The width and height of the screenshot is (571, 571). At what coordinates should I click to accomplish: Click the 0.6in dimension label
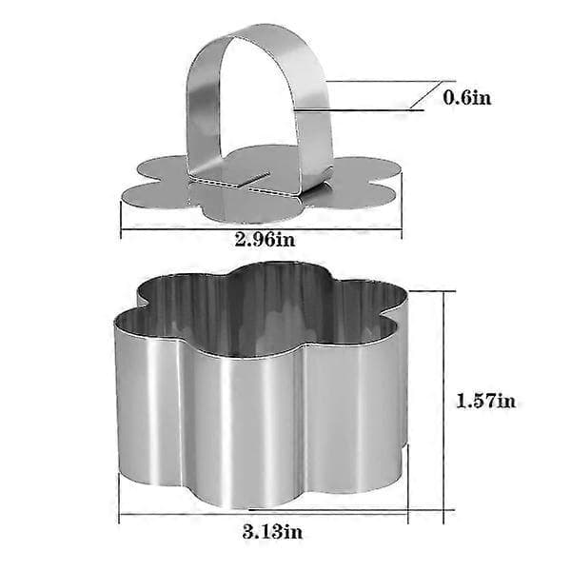coord(467,97)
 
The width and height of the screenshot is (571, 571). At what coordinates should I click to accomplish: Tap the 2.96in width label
coord(266,239)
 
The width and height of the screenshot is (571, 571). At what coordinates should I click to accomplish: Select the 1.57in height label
coord(485,401)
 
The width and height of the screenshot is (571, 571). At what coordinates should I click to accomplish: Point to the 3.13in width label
coord(273,532)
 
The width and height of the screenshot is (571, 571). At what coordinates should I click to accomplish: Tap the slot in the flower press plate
coord(255,179)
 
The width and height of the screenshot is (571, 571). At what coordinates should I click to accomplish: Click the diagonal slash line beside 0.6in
coord(425,94)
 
